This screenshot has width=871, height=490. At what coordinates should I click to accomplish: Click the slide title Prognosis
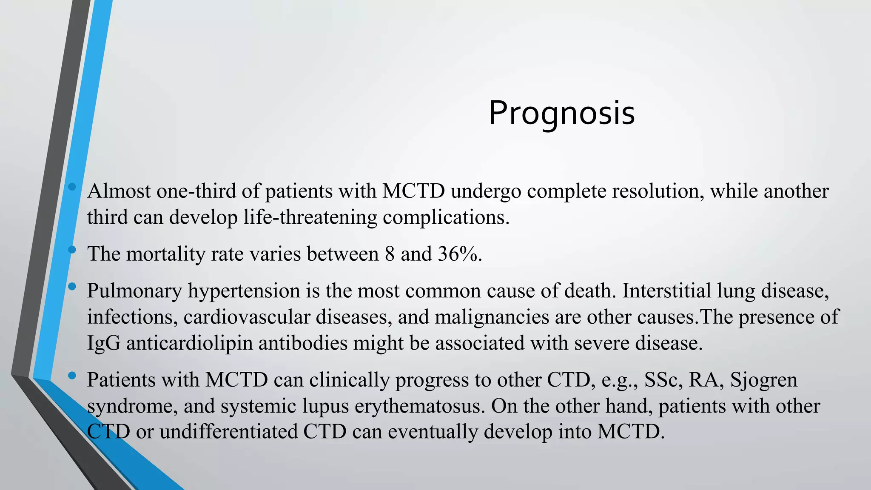pos(561,113)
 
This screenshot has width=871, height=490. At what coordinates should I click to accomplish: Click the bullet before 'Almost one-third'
pos(72,186)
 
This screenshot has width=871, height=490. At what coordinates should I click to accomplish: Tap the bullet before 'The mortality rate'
pos(72,249)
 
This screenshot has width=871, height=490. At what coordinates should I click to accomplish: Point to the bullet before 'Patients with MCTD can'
pos(72,375)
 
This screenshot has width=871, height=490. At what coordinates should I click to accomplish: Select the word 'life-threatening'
pos(310,217)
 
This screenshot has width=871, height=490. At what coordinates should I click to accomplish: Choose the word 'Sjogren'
pos(763,380)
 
